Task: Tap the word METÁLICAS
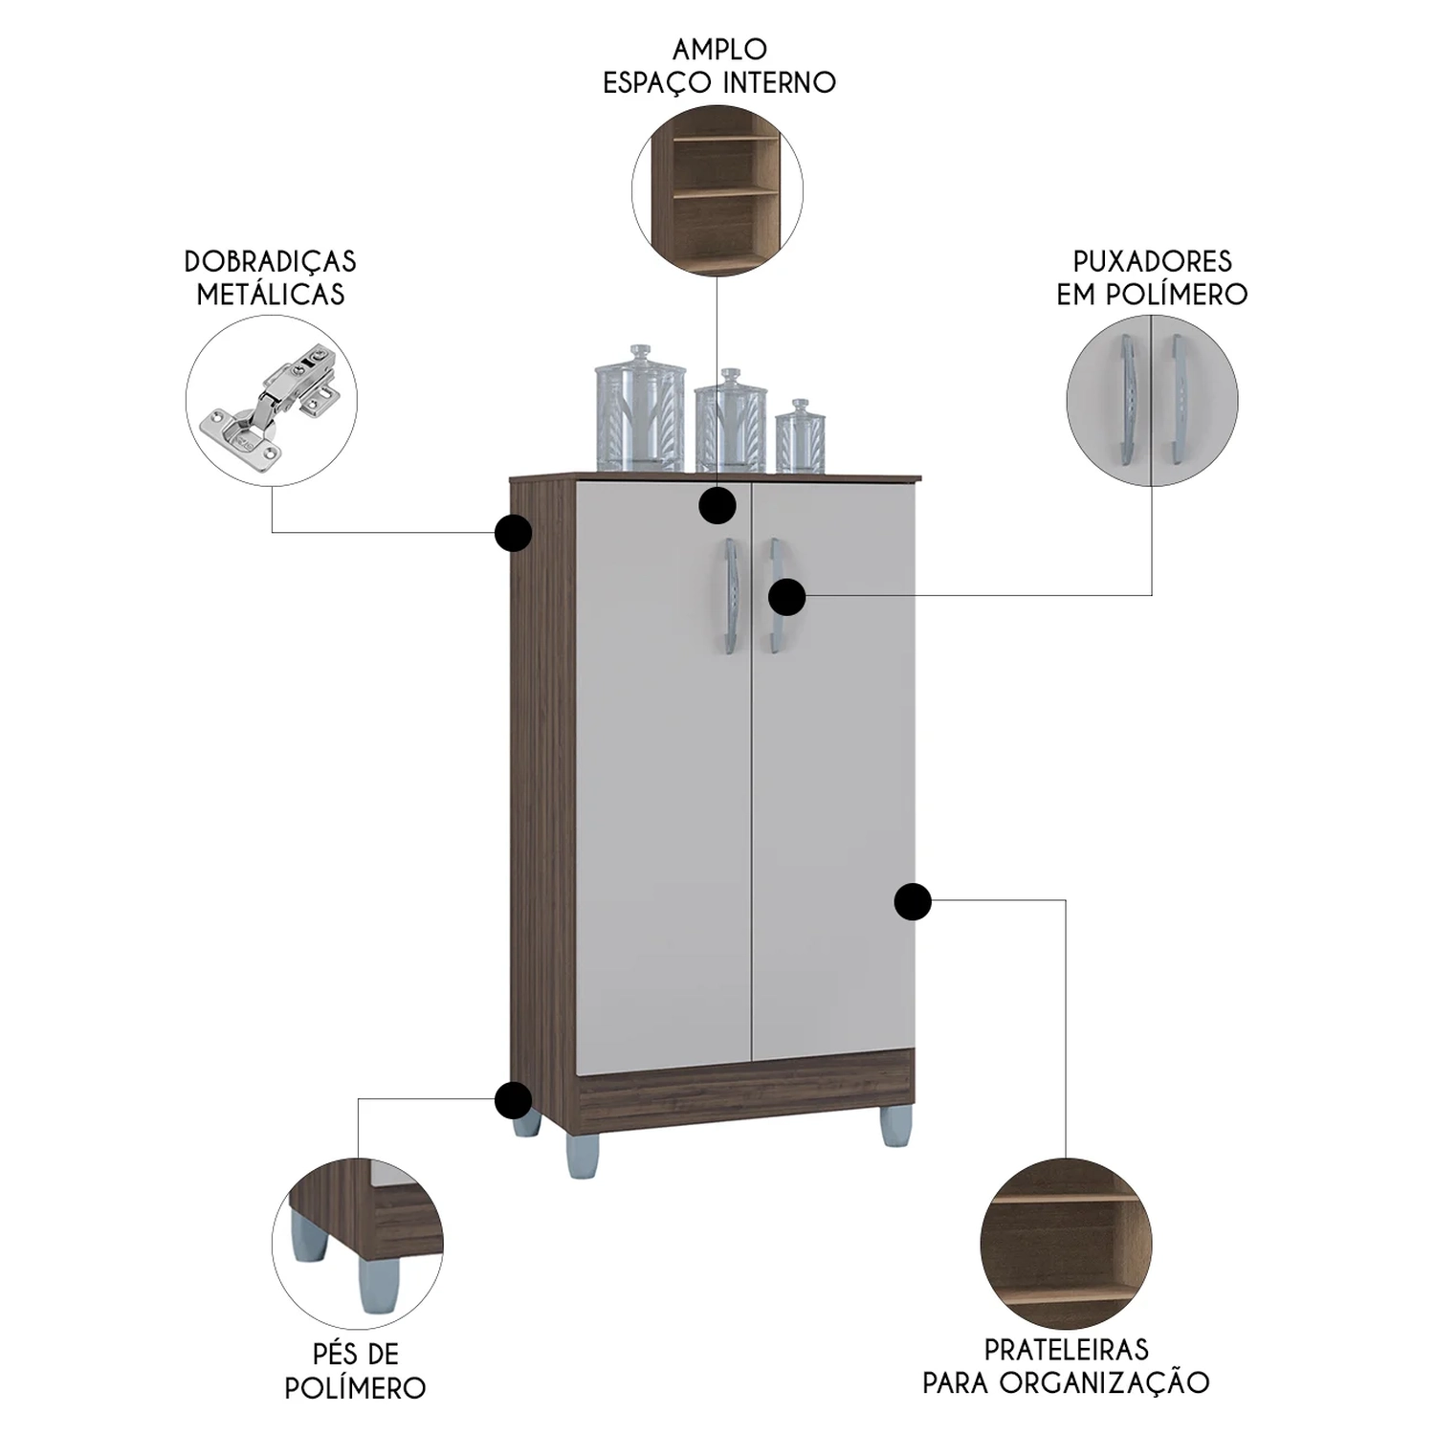pyautogui.click(x=271, y=294)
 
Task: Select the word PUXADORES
pyautogui.click(x=1152, y=261)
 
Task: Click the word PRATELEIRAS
pyautogui.click(x=1066, y=1349)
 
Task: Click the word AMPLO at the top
pyautogui.click(x=719, y=49)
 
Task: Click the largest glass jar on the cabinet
pyautogui.click(x=640, y=409)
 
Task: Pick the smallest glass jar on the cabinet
pyautogui.click(x=800, y=437)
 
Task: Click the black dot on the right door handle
pyautogui.click(x=786, y=597)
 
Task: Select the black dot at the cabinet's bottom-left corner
pyautogui.click(x=514, y=1100)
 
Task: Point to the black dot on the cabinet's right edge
pyautogui.click(x=913, y=901)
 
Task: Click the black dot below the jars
pyautogui.click(x=717, y=505)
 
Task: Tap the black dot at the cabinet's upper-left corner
pyautogui.click(x=514, y=533)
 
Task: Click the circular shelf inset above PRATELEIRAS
pyautogui.click(x=1066, y=1244)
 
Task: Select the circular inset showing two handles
pyautogui.click(x=1152, y=400)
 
